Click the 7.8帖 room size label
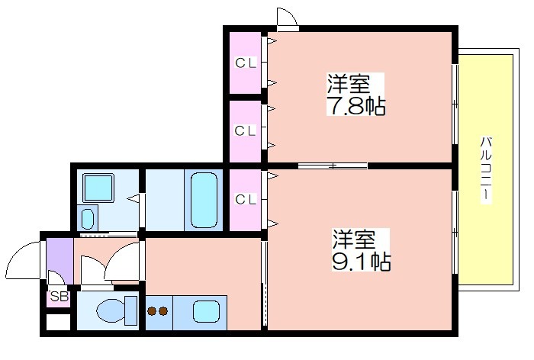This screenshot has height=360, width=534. coord(356,106)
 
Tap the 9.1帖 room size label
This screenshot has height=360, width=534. coord(362,262)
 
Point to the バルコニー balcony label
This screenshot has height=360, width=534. coord(486,169)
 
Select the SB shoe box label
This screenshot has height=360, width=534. coord(60,296)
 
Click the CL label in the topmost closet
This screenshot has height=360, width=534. coord(245,63)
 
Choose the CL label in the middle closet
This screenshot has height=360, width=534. coord(245,130)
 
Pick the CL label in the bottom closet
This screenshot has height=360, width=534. coord(245,199)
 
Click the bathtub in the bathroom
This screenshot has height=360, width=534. coord(204,201)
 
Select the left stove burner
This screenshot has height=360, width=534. coord(152,311)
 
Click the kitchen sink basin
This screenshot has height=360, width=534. coord(206,311)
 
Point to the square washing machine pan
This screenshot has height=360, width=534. coord(98,188)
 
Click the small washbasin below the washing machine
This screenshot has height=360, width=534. coord(88,219)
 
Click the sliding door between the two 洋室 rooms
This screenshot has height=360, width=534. coord(333,166)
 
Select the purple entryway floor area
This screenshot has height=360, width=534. coord(60,261)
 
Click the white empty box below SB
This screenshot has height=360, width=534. coord(58,322)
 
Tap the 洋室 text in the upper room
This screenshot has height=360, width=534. coord(349,84)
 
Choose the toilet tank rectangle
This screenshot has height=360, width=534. coord(130,310)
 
